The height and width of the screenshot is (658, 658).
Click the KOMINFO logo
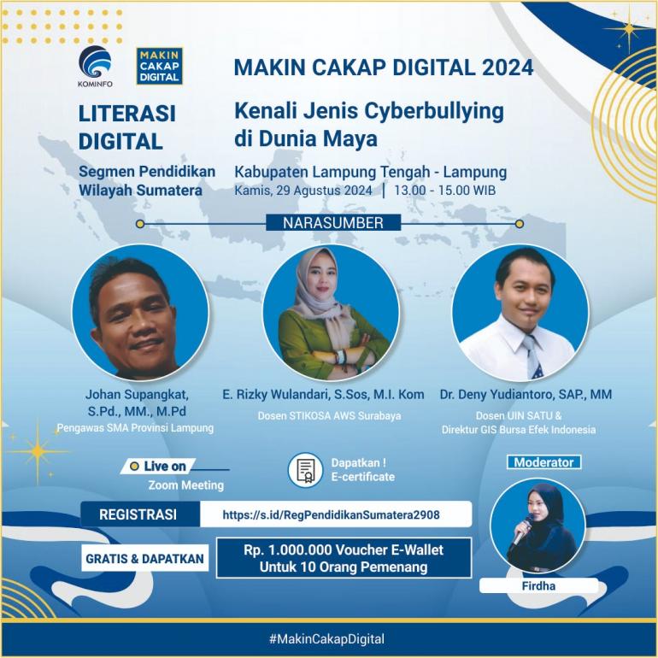(95, 66)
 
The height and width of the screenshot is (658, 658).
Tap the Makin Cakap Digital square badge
(160, 66)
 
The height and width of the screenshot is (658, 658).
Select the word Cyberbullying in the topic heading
(434, 112)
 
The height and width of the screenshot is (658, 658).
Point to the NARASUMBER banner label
(333, 223)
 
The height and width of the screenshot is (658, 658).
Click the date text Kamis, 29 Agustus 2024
(303, 191)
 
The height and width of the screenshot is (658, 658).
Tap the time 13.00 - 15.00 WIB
(445, 190)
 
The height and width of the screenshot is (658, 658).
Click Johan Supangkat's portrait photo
(140, 312)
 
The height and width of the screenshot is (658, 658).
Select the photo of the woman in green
(331, 312)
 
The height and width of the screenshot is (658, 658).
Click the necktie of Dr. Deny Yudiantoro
(532, 355)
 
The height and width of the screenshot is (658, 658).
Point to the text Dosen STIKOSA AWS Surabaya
(329, 416)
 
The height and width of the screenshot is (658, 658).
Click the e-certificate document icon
(306, 470)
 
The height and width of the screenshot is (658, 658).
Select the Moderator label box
(543, 462)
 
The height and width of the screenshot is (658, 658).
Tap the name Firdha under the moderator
(538, 586)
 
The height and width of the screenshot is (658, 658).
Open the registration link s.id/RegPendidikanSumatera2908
(331, 514)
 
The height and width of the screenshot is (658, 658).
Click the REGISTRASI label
(138, 514)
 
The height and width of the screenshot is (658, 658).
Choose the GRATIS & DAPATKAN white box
(144, 559)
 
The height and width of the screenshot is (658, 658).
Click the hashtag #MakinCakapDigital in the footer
(327, 639)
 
